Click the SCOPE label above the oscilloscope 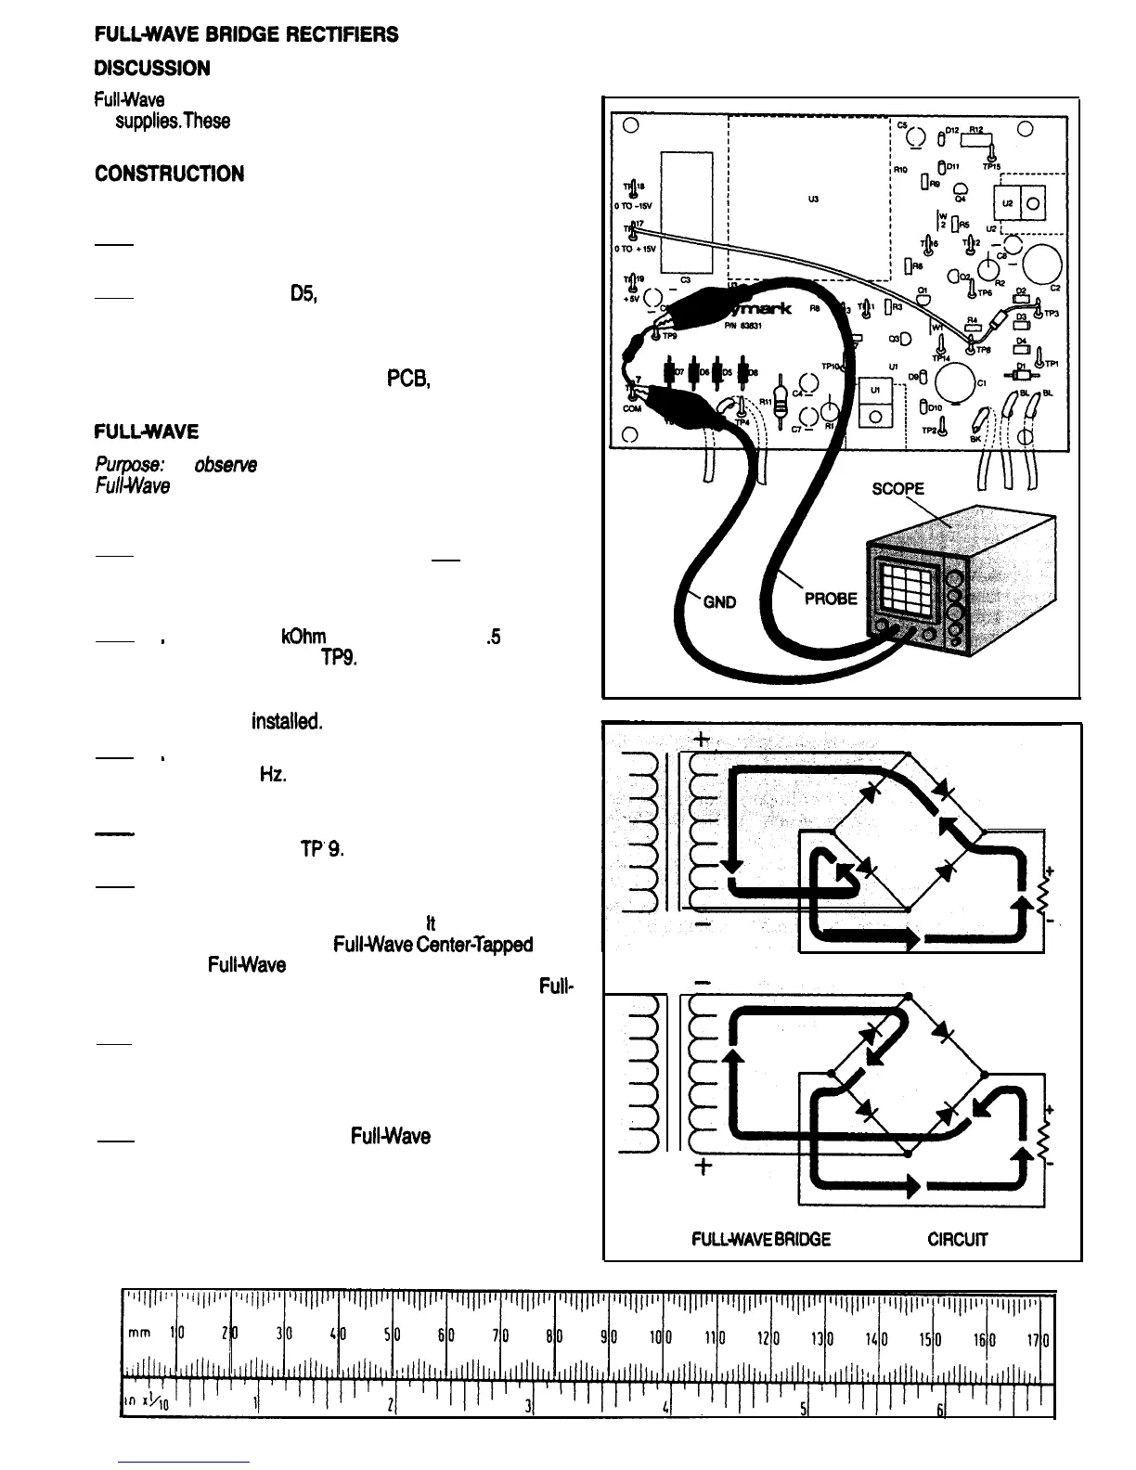[x=899, y=489]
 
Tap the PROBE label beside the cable [x=831, y=599]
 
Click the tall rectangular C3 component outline [x=686, y=212]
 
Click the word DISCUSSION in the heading [x=152, y=69]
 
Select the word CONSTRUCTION [x=169, y=174]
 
